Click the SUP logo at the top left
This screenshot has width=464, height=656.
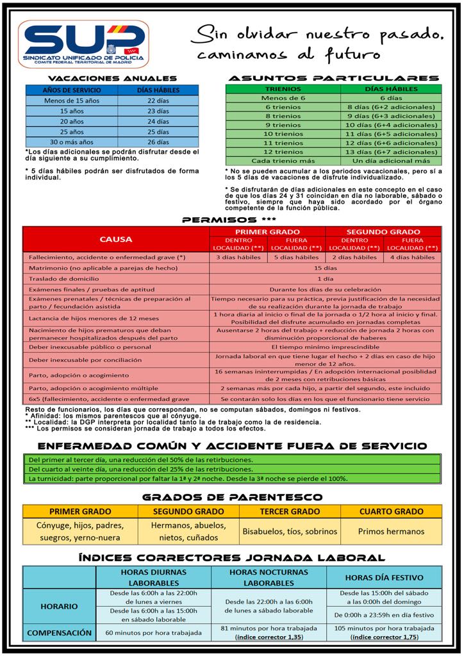pos(83,44)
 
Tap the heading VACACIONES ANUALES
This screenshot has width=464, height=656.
pos(112,78)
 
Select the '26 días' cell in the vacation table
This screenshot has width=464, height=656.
pos(158,142)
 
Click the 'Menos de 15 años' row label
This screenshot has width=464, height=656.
pos(71,101)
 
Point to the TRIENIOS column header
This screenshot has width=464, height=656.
pos(283,89)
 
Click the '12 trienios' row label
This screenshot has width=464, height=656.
pos(283,152)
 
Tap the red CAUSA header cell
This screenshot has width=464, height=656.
pos(116,239)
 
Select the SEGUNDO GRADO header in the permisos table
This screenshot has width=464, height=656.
pos(383,231)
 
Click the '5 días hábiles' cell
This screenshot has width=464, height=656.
pos(296,258)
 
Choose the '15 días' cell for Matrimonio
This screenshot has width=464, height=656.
pos(326,268)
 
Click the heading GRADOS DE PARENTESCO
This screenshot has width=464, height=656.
pos(231,496)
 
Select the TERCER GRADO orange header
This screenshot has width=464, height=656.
pos(290,512)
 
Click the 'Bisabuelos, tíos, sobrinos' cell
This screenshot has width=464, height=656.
pos(290,531)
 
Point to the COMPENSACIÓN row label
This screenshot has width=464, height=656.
pos(59,632)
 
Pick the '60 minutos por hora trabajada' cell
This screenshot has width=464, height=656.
pos(153,632)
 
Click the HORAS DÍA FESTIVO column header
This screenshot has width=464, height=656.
pos(384,577)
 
